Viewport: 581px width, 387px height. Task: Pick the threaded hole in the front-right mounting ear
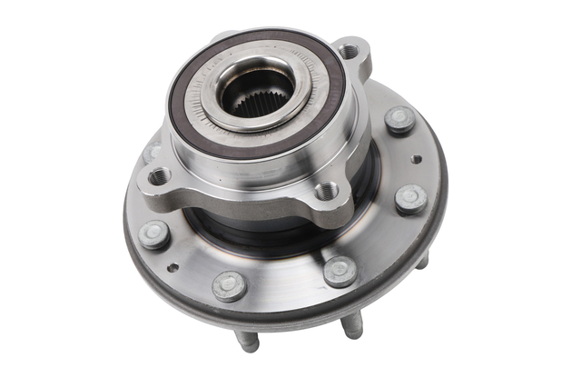click(x=326, y=191)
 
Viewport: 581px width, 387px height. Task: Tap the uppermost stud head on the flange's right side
click(x=399, y=119)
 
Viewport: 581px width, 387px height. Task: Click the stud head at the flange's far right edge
click(x=410, y=197)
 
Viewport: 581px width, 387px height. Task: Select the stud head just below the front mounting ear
click(x=340, y=270)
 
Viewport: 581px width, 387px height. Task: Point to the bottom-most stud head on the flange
click(x=229, y=284)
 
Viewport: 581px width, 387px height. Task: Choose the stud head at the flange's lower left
click(x=153, y=233)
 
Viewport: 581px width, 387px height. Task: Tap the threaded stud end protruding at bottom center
click(x=352, y=323)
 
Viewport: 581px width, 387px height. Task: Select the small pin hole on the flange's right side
click(x=416, y=159)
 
